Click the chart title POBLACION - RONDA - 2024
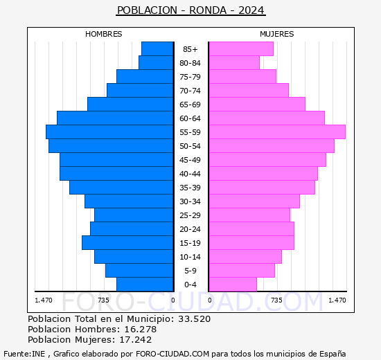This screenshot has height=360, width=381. tap(190, 10)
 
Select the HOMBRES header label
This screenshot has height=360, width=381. tap(104, 34)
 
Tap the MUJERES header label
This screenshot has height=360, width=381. tap(276, 34)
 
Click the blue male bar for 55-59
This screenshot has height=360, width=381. tap(109, 132)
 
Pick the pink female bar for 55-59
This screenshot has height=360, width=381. tap(276, 132)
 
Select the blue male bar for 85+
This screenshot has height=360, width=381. tap(157, 48)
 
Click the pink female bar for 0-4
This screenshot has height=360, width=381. tap(233, 284)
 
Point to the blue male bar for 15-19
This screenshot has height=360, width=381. tap(127, 242)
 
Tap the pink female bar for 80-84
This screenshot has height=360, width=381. tap(234, 62)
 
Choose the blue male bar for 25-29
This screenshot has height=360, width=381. tap(134, 215)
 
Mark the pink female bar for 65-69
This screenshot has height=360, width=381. tap(257, 104)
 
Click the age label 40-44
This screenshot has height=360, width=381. tap(190, 174)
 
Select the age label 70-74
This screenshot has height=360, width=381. tap(190, 91)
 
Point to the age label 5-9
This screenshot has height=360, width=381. tap(190, 271)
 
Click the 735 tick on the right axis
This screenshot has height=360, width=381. tap(276, 300)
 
